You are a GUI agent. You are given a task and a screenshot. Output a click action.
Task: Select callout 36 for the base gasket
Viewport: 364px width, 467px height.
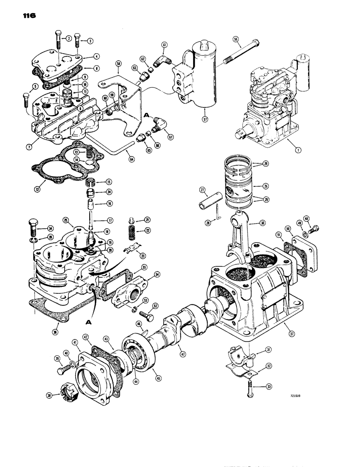click(58, 332)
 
